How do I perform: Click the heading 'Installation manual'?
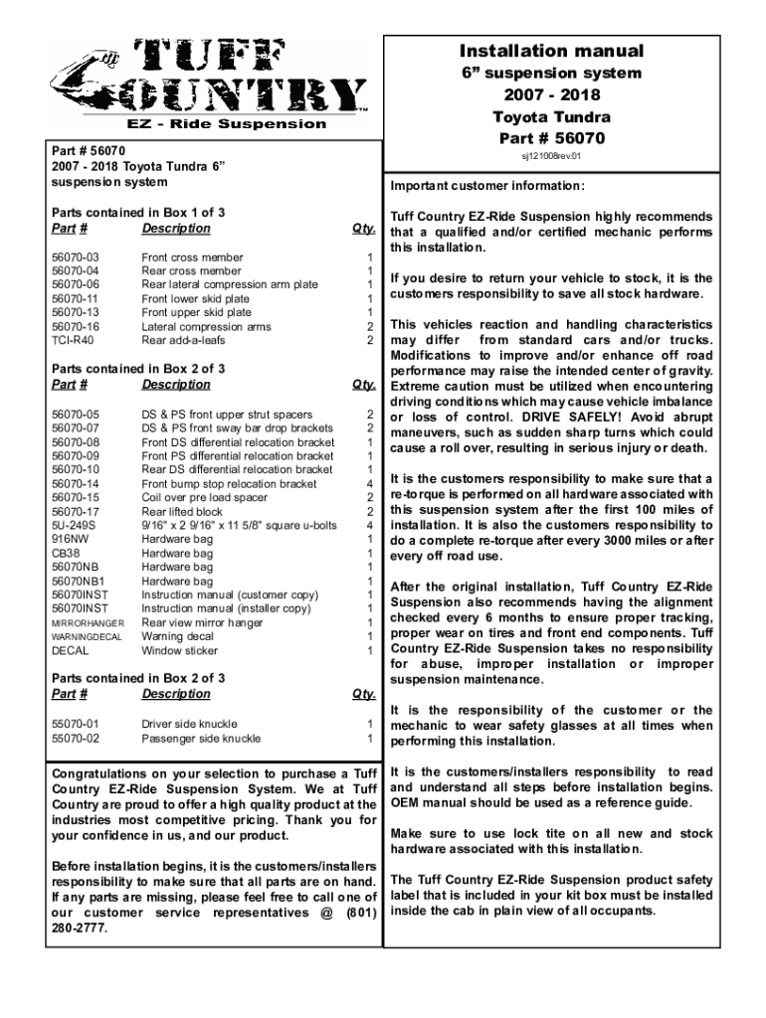click(550, 51)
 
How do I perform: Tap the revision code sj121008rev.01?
click(550, 156)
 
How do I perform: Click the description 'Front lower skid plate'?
click(196, 299)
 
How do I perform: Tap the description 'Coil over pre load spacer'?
click(204, 498)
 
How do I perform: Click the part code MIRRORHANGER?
click(88, 623)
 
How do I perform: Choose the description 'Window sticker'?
click(180, 651)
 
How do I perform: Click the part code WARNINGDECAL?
click(87, 637)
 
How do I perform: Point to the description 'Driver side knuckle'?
click(188, 725)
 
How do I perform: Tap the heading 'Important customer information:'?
click(487, 187)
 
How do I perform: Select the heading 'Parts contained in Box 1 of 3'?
click(138, 213)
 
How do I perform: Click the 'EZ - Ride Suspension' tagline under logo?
click(224, 124)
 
